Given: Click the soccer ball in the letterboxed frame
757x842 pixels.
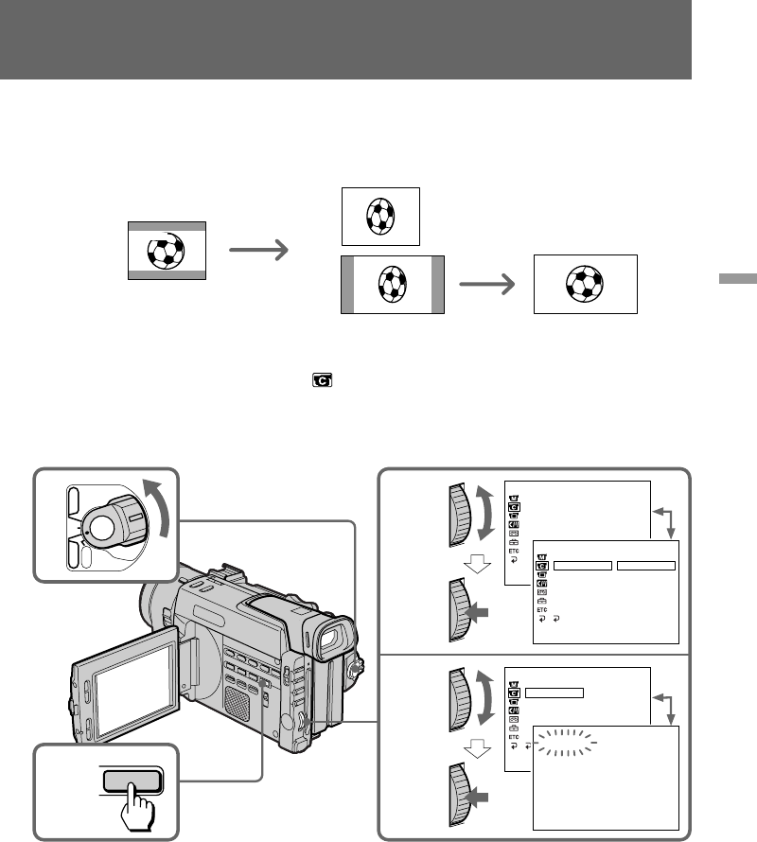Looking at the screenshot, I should point(166,250).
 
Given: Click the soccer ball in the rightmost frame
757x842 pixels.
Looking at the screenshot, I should point(585,284).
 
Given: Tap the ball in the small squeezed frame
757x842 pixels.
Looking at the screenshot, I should point(379,217).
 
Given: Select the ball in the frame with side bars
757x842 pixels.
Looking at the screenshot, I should point(392,284).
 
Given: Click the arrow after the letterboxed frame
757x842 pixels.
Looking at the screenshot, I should point(257,250).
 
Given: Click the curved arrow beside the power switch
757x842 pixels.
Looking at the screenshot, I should point(159,519).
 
